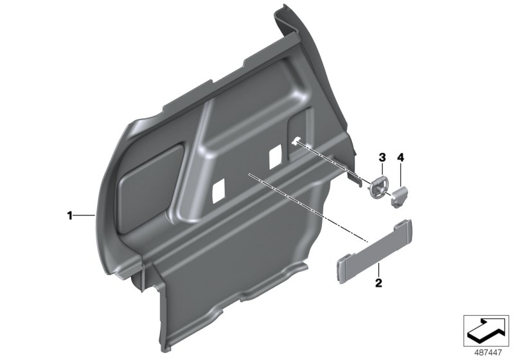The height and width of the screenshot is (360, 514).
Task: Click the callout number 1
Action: click(69, 216)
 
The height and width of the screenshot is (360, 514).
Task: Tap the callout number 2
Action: click(378, 283)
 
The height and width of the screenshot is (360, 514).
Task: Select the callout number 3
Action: click(382, 157)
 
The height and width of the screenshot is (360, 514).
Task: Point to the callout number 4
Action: click(400, 157)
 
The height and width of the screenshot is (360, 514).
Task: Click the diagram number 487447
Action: click(488, 353)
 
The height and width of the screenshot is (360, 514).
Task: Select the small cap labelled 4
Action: click(400, 196)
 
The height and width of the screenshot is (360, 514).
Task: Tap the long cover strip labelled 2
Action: click(375, 251)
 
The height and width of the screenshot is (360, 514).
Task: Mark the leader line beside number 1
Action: click(84, 215)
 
